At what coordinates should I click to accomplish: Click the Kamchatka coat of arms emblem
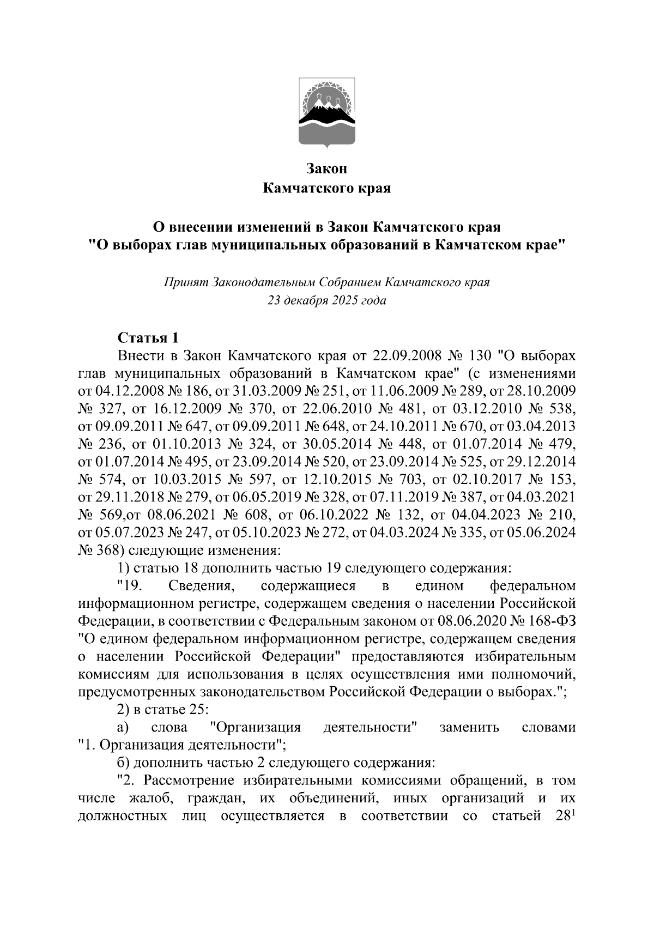point(327,112)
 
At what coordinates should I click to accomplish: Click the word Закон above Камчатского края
point(326,169)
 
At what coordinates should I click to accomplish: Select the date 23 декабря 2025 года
point(326,300)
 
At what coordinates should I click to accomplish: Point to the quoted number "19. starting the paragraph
point(131,586)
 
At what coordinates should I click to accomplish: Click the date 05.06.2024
point(540,533)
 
